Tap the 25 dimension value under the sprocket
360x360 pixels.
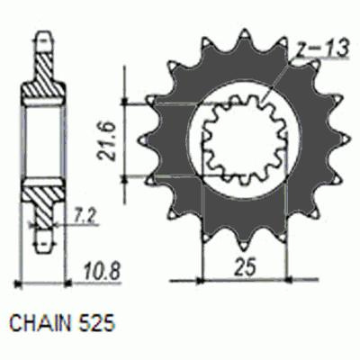242,268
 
